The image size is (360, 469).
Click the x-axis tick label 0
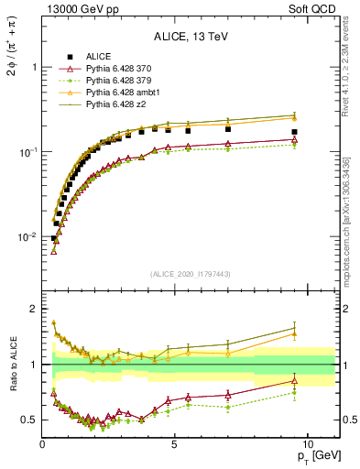(x=43, y=444)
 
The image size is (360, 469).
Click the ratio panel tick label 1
(x=33, y=365)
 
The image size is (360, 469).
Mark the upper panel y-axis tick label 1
(x=33, y=67)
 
